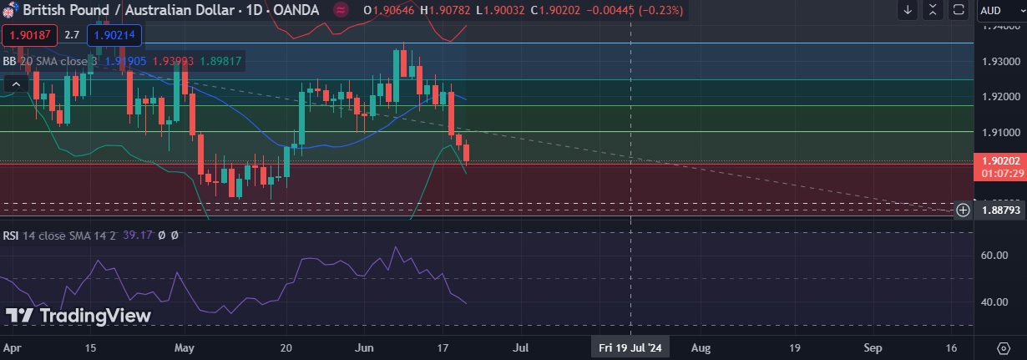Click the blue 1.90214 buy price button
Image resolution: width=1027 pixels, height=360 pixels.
[x=117, y=35]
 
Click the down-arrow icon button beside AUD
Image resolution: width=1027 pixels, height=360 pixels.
[x=908, y=10]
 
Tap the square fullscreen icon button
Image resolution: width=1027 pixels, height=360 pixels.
[x=959, y=10]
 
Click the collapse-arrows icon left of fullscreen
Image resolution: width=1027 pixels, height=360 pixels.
[x=934, y=10]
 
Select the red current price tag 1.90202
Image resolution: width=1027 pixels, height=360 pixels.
[x=999, y=160]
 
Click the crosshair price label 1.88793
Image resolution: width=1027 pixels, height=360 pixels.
[x=999, y=210]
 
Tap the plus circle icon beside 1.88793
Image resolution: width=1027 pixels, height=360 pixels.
[x=963, y=210]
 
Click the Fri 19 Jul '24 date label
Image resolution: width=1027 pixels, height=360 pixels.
[x=630, y=347]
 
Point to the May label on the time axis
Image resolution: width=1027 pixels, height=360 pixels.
[x=185, y=347]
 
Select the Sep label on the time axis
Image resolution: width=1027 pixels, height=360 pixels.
[x=873, y=347]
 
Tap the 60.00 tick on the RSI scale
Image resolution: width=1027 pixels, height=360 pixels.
[x=998, y=256]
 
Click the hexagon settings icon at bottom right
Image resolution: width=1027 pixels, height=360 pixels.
[x=1004, y=347]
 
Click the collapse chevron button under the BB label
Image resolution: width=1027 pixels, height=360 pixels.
[x=15, y=84]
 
